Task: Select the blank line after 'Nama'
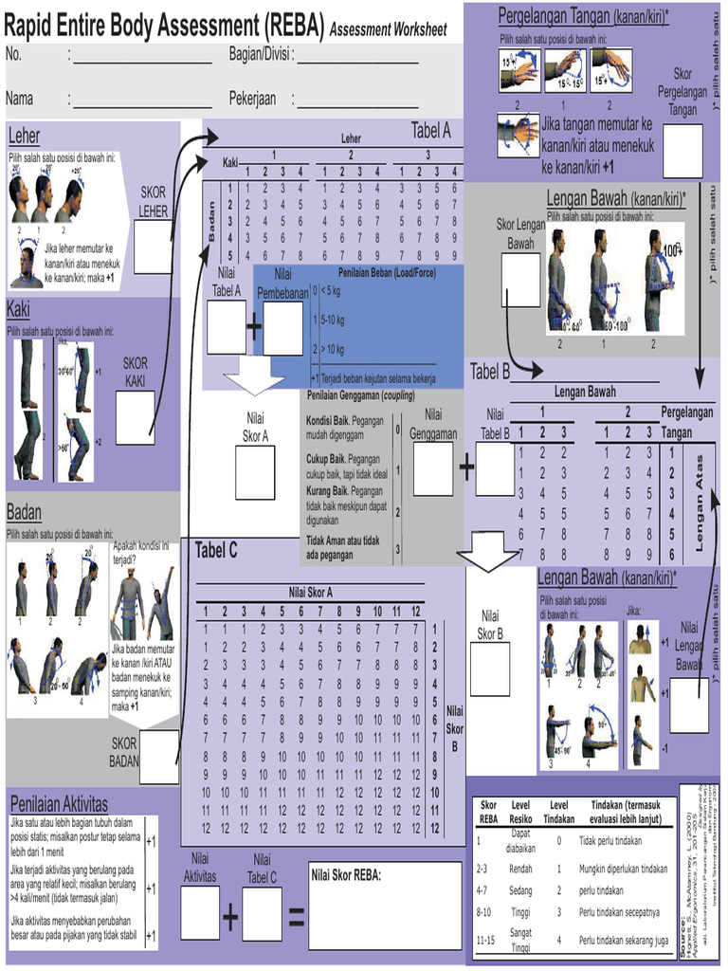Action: [142, 99]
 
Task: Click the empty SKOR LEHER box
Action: [153, 248]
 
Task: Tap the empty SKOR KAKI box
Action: [135, 418]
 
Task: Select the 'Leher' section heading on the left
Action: [24, 135]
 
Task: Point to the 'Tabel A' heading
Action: [430, 131]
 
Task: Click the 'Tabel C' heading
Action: [223, 551]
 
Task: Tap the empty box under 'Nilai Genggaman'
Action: [433, 468]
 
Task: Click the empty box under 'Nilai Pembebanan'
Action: [282, 328]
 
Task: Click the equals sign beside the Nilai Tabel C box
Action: [295, 917]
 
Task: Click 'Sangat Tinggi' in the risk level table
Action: [520, 941]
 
